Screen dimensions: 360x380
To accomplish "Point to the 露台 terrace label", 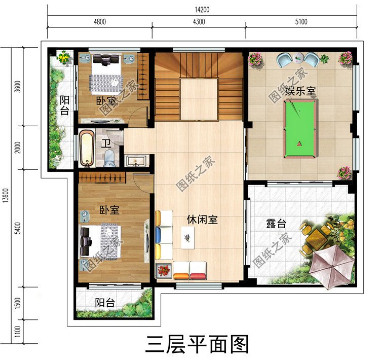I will click(275, 224).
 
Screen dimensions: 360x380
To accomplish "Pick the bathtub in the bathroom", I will click(87, 149).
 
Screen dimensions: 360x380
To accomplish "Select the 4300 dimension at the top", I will click(199, 21).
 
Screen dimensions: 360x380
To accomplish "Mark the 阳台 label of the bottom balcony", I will click(105, 303).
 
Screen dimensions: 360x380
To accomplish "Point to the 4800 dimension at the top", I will click(100, 21).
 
